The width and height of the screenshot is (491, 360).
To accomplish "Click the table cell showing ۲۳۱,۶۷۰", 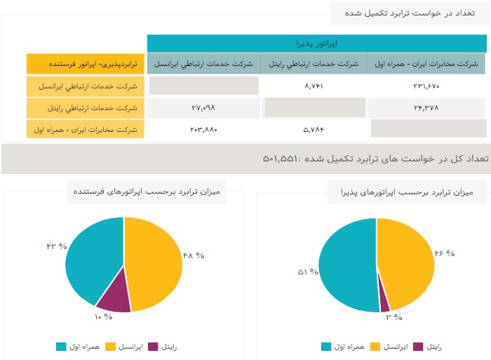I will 426,86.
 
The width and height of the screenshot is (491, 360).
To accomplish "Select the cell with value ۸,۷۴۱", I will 313,86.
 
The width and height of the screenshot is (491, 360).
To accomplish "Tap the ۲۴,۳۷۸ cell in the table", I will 426,108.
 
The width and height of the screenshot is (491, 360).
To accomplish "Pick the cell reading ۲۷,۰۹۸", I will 203,108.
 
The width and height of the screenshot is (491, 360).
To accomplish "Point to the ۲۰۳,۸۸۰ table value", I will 203,129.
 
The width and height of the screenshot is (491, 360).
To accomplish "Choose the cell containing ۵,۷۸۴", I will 313,129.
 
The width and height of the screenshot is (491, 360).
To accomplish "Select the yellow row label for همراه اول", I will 86,129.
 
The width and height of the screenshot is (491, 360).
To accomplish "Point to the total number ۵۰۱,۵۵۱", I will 284,159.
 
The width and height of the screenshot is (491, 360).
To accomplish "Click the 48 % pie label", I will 193,255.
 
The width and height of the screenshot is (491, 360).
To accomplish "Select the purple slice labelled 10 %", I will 114,298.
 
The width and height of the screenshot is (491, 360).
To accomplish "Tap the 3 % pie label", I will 394,317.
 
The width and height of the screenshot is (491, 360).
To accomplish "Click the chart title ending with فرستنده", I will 147,192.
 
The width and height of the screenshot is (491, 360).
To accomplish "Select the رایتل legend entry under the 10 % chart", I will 166,347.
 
